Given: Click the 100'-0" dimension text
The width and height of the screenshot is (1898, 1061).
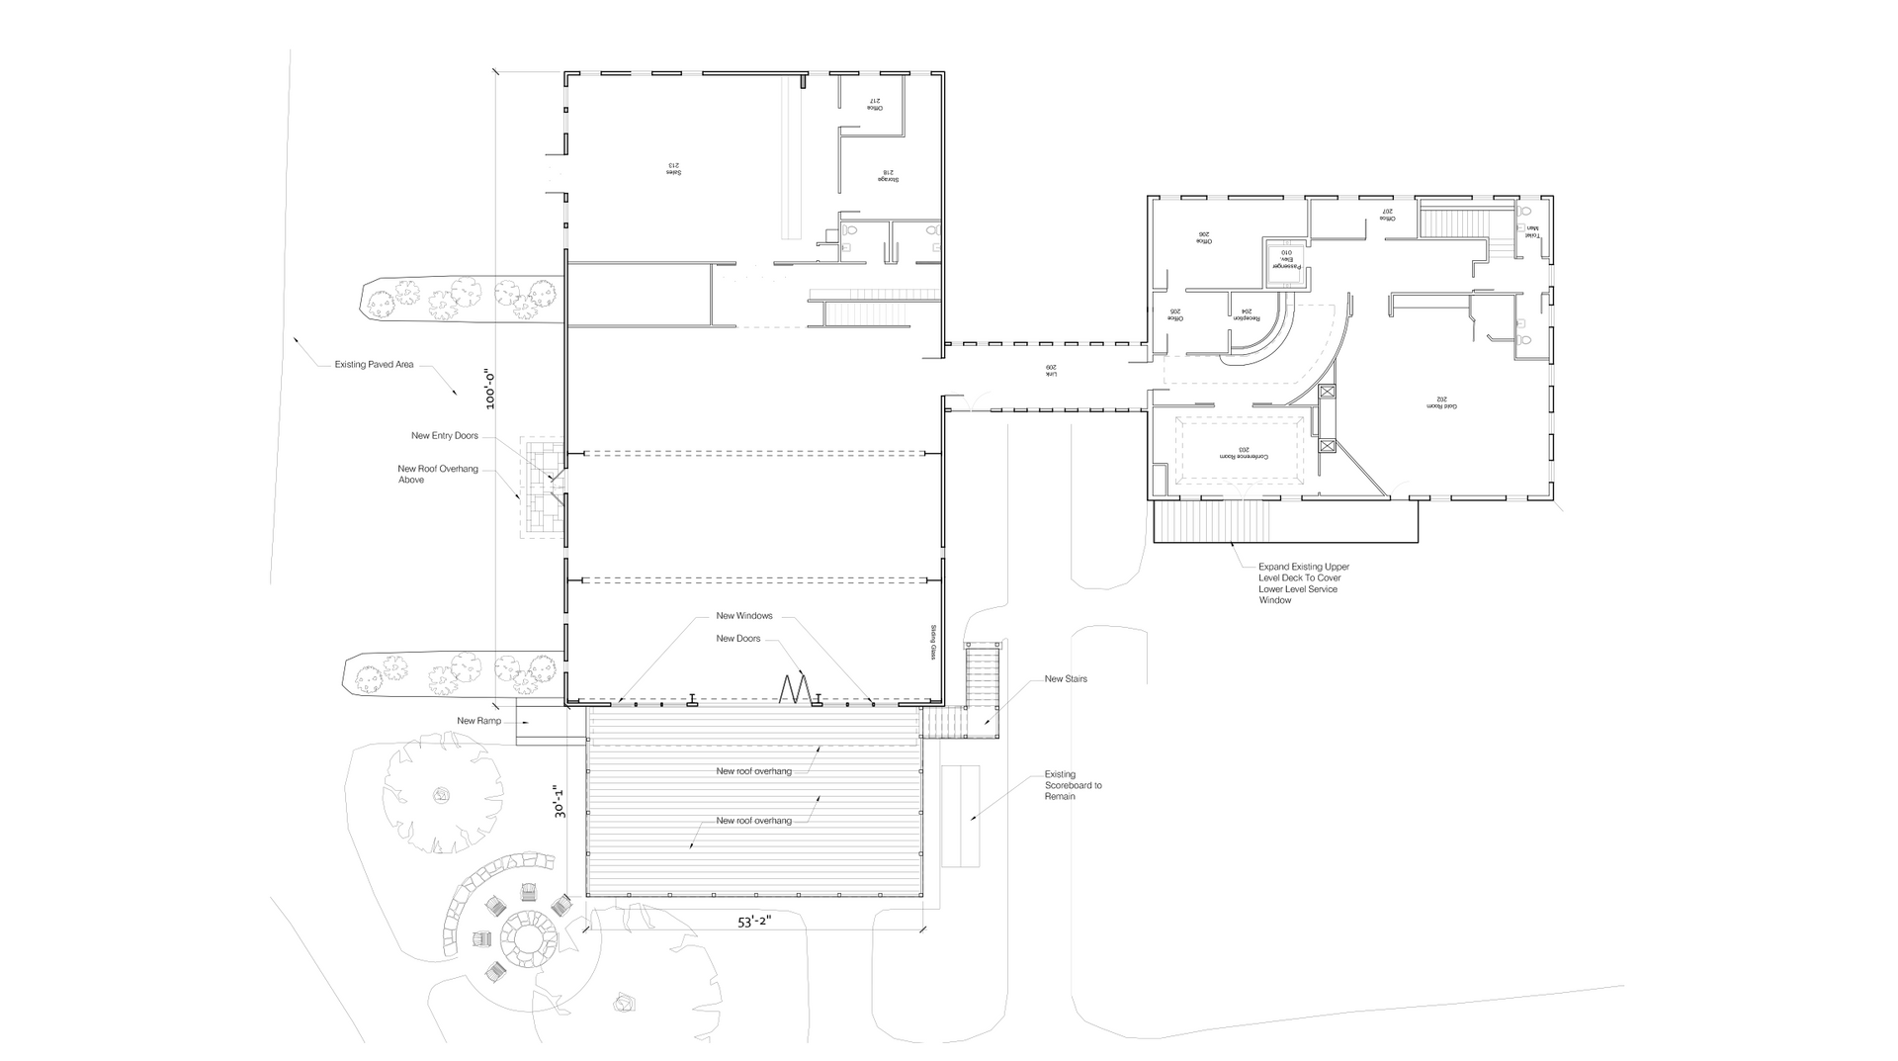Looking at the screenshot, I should coord(488,389).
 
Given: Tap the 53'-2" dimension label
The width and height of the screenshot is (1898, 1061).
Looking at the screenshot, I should coord(754,921).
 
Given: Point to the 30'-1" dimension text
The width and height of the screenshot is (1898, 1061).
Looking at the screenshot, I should coord(561,801).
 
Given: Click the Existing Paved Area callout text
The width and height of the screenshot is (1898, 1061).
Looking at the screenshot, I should coord(374,365).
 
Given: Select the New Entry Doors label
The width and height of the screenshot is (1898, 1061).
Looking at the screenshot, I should coord(445,436).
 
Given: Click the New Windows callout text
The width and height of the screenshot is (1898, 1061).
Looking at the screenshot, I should coord(744,616).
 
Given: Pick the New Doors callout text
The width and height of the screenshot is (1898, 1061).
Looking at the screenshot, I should coord(738,639).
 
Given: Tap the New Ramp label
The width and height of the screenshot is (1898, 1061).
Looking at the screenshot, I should coord(479,721).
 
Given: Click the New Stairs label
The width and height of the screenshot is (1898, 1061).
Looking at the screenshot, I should coord(1066,679).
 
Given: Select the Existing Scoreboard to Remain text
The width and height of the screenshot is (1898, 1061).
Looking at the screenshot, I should coord(1073,785).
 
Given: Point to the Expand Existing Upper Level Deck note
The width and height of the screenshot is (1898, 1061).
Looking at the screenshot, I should coord(1303,583).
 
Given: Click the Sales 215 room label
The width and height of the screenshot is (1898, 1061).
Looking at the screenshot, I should coord(673,169).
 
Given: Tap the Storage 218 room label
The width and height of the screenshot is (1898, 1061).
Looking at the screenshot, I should coord(890,176).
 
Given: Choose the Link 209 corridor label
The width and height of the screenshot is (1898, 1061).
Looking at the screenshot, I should coord(1052,371).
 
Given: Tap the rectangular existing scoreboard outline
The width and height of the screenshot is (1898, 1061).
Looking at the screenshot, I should coord(960,816).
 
